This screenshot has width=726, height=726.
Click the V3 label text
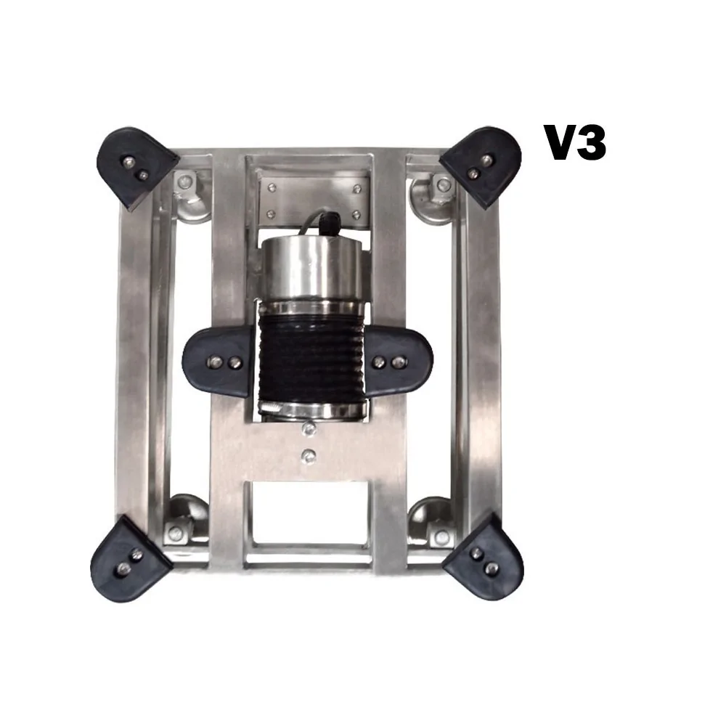(575, 143)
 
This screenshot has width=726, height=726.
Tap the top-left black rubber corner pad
(136, 167)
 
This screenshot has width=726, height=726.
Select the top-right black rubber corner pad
(482, 166)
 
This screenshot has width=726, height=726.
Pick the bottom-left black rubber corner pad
(130, 560)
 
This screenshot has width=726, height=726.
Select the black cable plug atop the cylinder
(330, 221)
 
